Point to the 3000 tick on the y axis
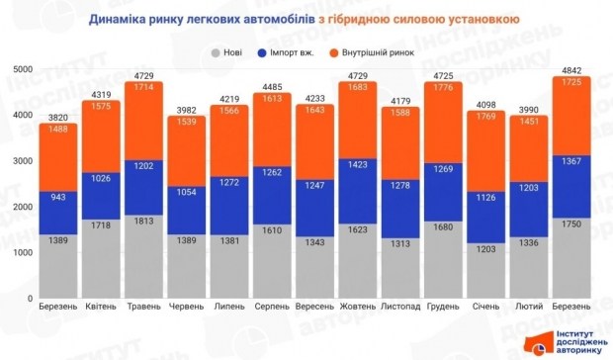[22, 160]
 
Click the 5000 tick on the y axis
[22, 68]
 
